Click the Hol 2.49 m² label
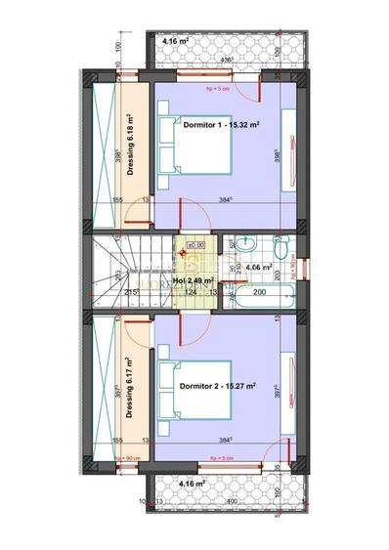(192, 280)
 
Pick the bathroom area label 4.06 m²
(258, 266)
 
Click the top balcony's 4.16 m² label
(173, 42)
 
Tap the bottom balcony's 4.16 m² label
(193, 483)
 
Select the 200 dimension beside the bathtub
(260, 292)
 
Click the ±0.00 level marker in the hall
(194, 245)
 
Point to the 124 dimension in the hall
(193, 292)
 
